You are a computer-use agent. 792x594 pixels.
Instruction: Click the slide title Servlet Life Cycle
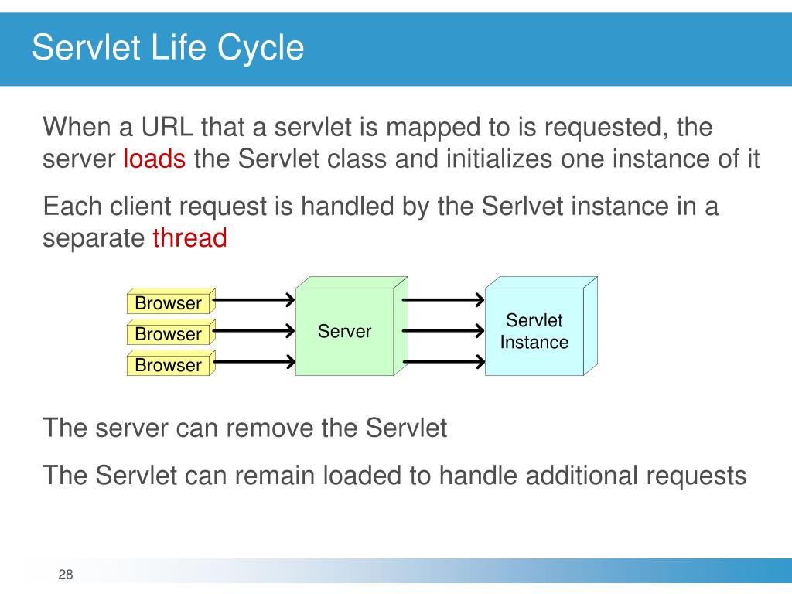168,48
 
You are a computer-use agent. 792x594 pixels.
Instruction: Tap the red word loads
154,159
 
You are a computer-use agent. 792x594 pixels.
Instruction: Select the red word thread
190,238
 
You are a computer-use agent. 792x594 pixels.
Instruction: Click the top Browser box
171,302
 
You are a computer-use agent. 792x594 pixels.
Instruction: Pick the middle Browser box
171,333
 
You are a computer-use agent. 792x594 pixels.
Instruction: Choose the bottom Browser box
171,364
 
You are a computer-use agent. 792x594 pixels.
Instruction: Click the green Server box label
344,331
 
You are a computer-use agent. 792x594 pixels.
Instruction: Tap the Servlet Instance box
541,326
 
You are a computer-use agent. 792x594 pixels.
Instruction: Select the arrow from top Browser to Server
254,300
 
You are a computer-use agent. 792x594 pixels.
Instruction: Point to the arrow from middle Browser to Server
254,331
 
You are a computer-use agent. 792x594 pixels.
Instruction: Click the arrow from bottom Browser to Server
254,362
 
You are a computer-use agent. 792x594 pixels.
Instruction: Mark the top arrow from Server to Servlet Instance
443,300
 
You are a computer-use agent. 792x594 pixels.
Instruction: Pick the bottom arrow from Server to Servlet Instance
443,362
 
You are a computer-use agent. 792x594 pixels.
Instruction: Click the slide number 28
66,575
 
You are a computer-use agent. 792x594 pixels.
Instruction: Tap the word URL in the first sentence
167,126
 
